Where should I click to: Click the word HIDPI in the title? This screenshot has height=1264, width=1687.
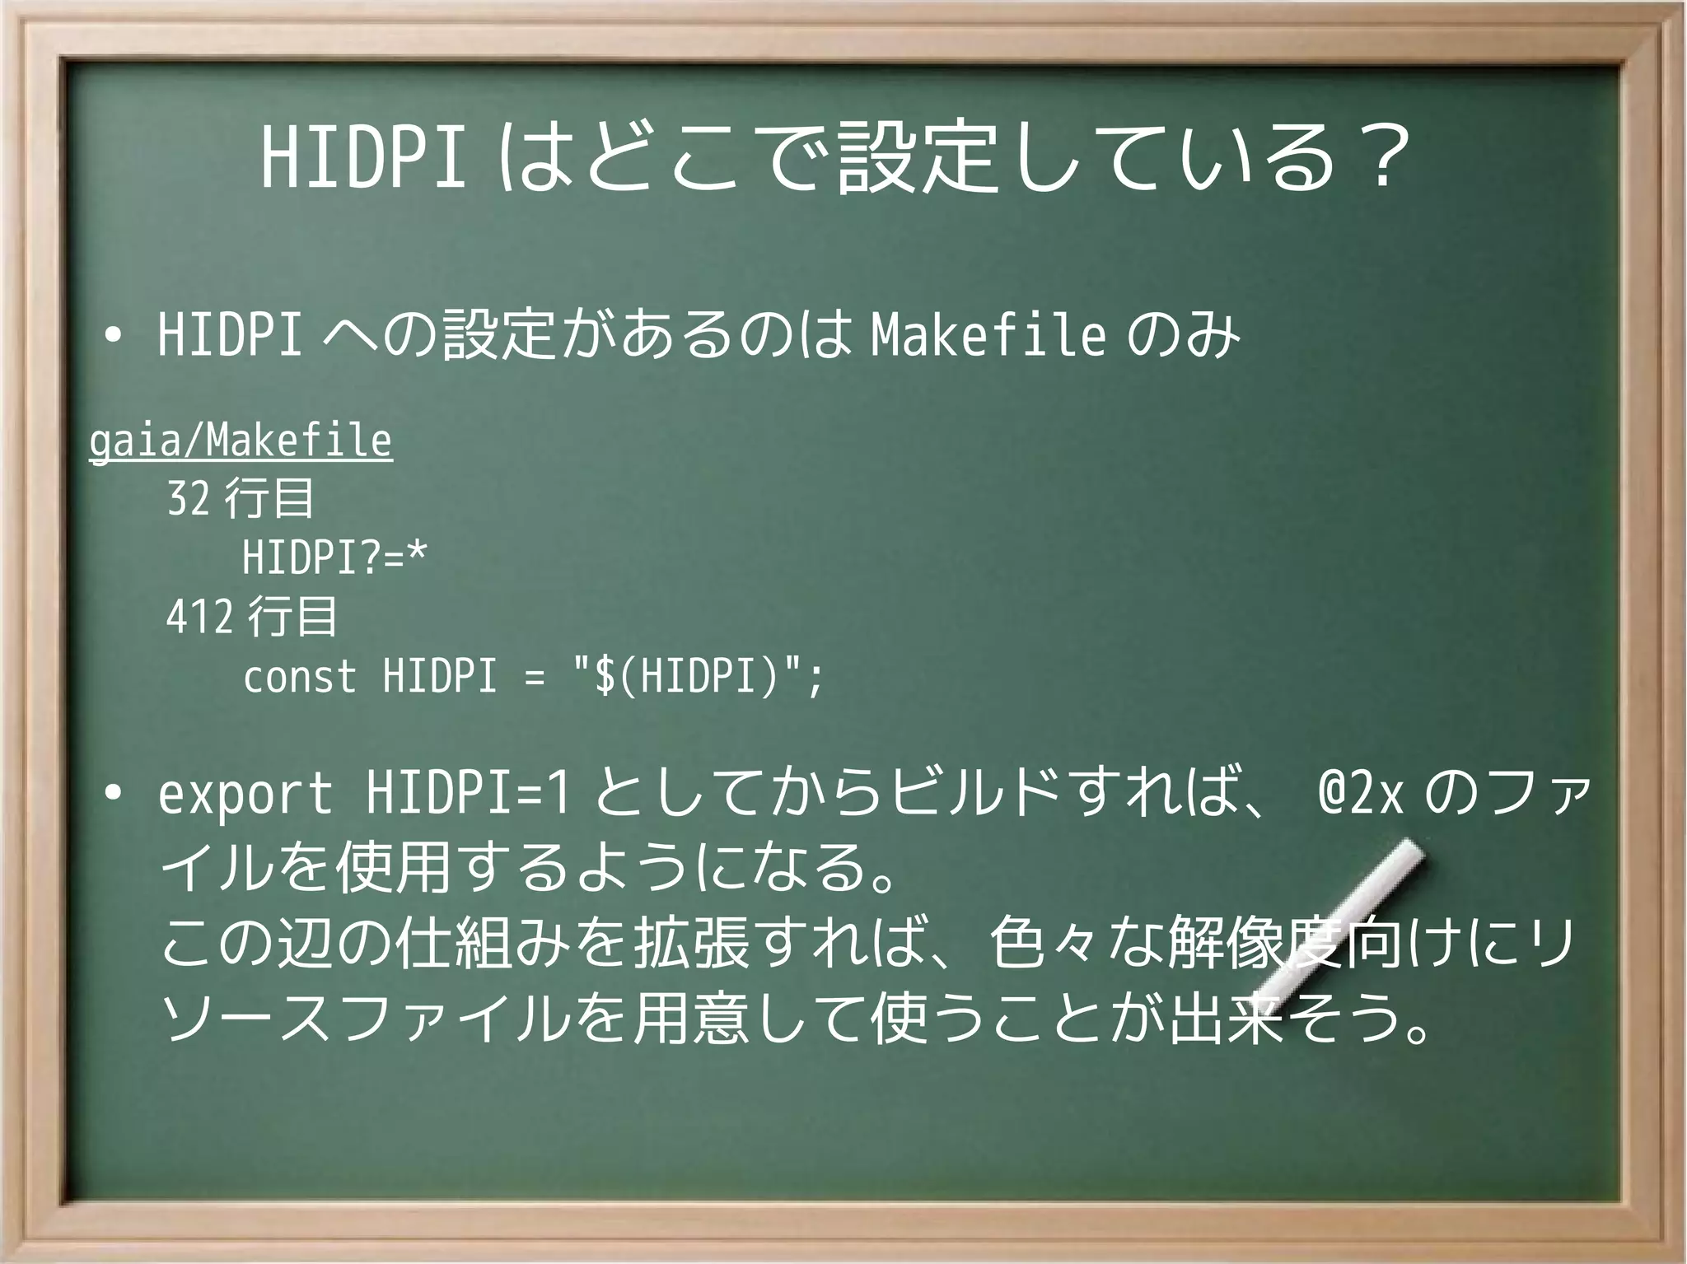coord(363,158)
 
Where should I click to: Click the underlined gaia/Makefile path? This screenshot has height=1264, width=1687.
coord(241,441)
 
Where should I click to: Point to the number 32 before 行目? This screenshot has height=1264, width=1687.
coord(188,499)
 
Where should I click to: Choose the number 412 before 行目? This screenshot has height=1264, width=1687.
coord(199,618)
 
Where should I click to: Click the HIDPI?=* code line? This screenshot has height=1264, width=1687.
coord(334,558)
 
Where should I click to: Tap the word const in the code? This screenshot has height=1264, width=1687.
coord(300,678)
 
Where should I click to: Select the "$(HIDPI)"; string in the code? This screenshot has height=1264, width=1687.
coord(698,678)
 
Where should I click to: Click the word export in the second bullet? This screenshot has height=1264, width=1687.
coord(245,795)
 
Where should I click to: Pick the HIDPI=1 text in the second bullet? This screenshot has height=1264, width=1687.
coord(468,795)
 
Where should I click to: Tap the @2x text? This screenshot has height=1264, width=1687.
coord(1360,795)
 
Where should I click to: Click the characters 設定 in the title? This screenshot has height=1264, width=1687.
coord(928,158)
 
